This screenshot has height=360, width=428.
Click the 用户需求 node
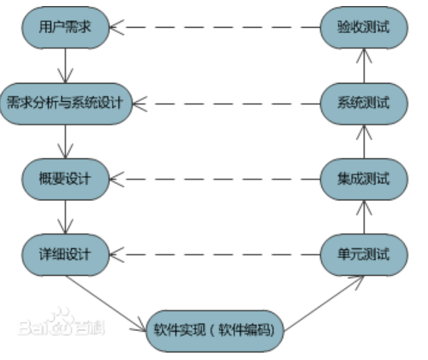tap(65, 28)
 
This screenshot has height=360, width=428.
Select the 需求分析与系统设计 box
tap(65, 103)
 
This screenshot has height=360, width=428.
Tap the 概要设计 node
tap(65, 179)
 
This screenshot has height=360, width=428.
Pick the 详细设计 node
tap(65, 254)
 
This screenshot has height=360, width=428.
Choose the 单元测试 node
tap(363, 254)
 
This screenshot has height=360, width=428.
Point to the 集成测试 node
tap(363, 179)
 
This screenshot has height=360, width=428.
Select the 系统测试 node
tap(363, 103)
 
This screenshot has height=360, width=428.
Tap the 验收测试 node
tap(363, 28)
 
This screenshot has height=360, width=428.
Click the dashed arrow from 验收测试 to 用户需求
tap(216, 28)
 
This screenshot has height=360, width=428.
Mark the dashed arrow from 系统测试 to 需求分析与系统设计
tap(226, 103)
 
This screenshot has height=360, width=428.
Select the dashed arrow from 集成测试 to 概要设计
tap(216, 179)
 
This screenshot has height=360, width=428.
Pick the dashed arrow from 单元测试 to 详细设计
tap(216, 254)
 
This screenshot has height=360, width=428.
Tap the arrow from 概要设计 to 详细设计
tap(65, 216)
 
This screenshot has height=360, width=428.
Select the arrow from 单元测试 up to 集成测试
tap(363, 216)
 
